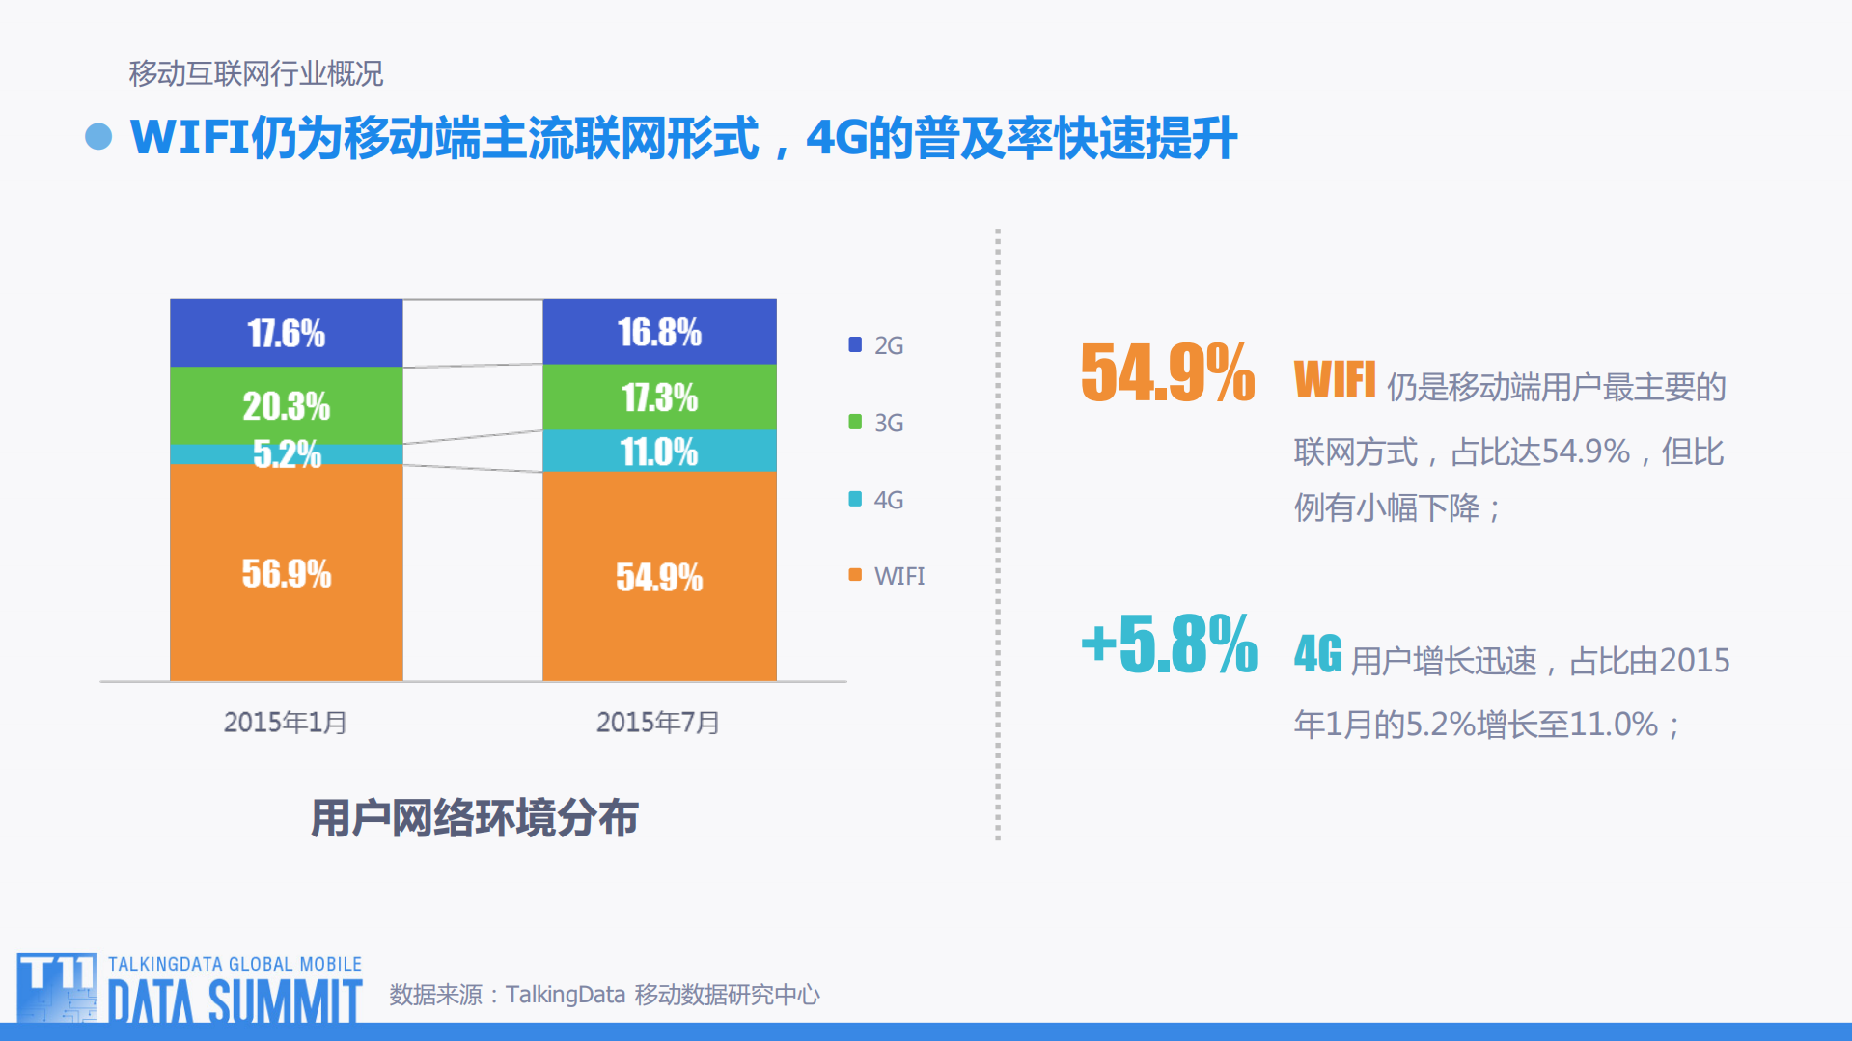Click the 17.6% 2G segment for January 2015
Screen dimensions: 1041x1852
[x=286, y=333]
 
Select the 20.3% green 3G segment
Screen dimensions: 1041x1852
[x=286, y=405]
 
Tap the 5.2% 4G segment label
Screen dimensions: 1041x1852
[x=286, y=453]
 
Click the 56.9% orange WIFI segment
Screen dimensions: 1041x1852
[x=286, y=573]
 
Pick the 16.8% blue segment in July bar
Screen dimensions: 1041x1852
[x=659, y=332]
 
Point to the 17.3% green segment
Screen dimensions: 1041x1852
[x=659, y=397]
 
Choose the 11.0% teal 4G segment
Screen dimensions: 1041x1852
[x=659, y=451]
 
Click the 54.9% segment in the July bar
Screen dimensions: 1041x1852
[x=659, y=577]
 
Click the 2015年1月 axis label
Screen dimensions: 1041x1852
[x=285, y=722]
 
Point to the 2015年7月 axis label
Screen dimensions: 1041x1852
[x=658, y=722]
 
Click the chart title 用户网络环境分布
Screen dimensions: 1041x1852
[x=474, y=818]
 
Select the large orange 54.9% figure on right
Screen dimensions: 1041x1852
[x=1168, y=373]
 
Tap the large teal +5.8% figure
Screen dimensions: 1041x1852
[x=1169, y=644]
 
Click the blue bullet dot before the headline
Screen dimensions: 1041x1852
[x=98, y=137]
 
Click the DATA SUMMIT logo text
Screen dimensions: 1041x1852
[x=235, y=1001]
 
